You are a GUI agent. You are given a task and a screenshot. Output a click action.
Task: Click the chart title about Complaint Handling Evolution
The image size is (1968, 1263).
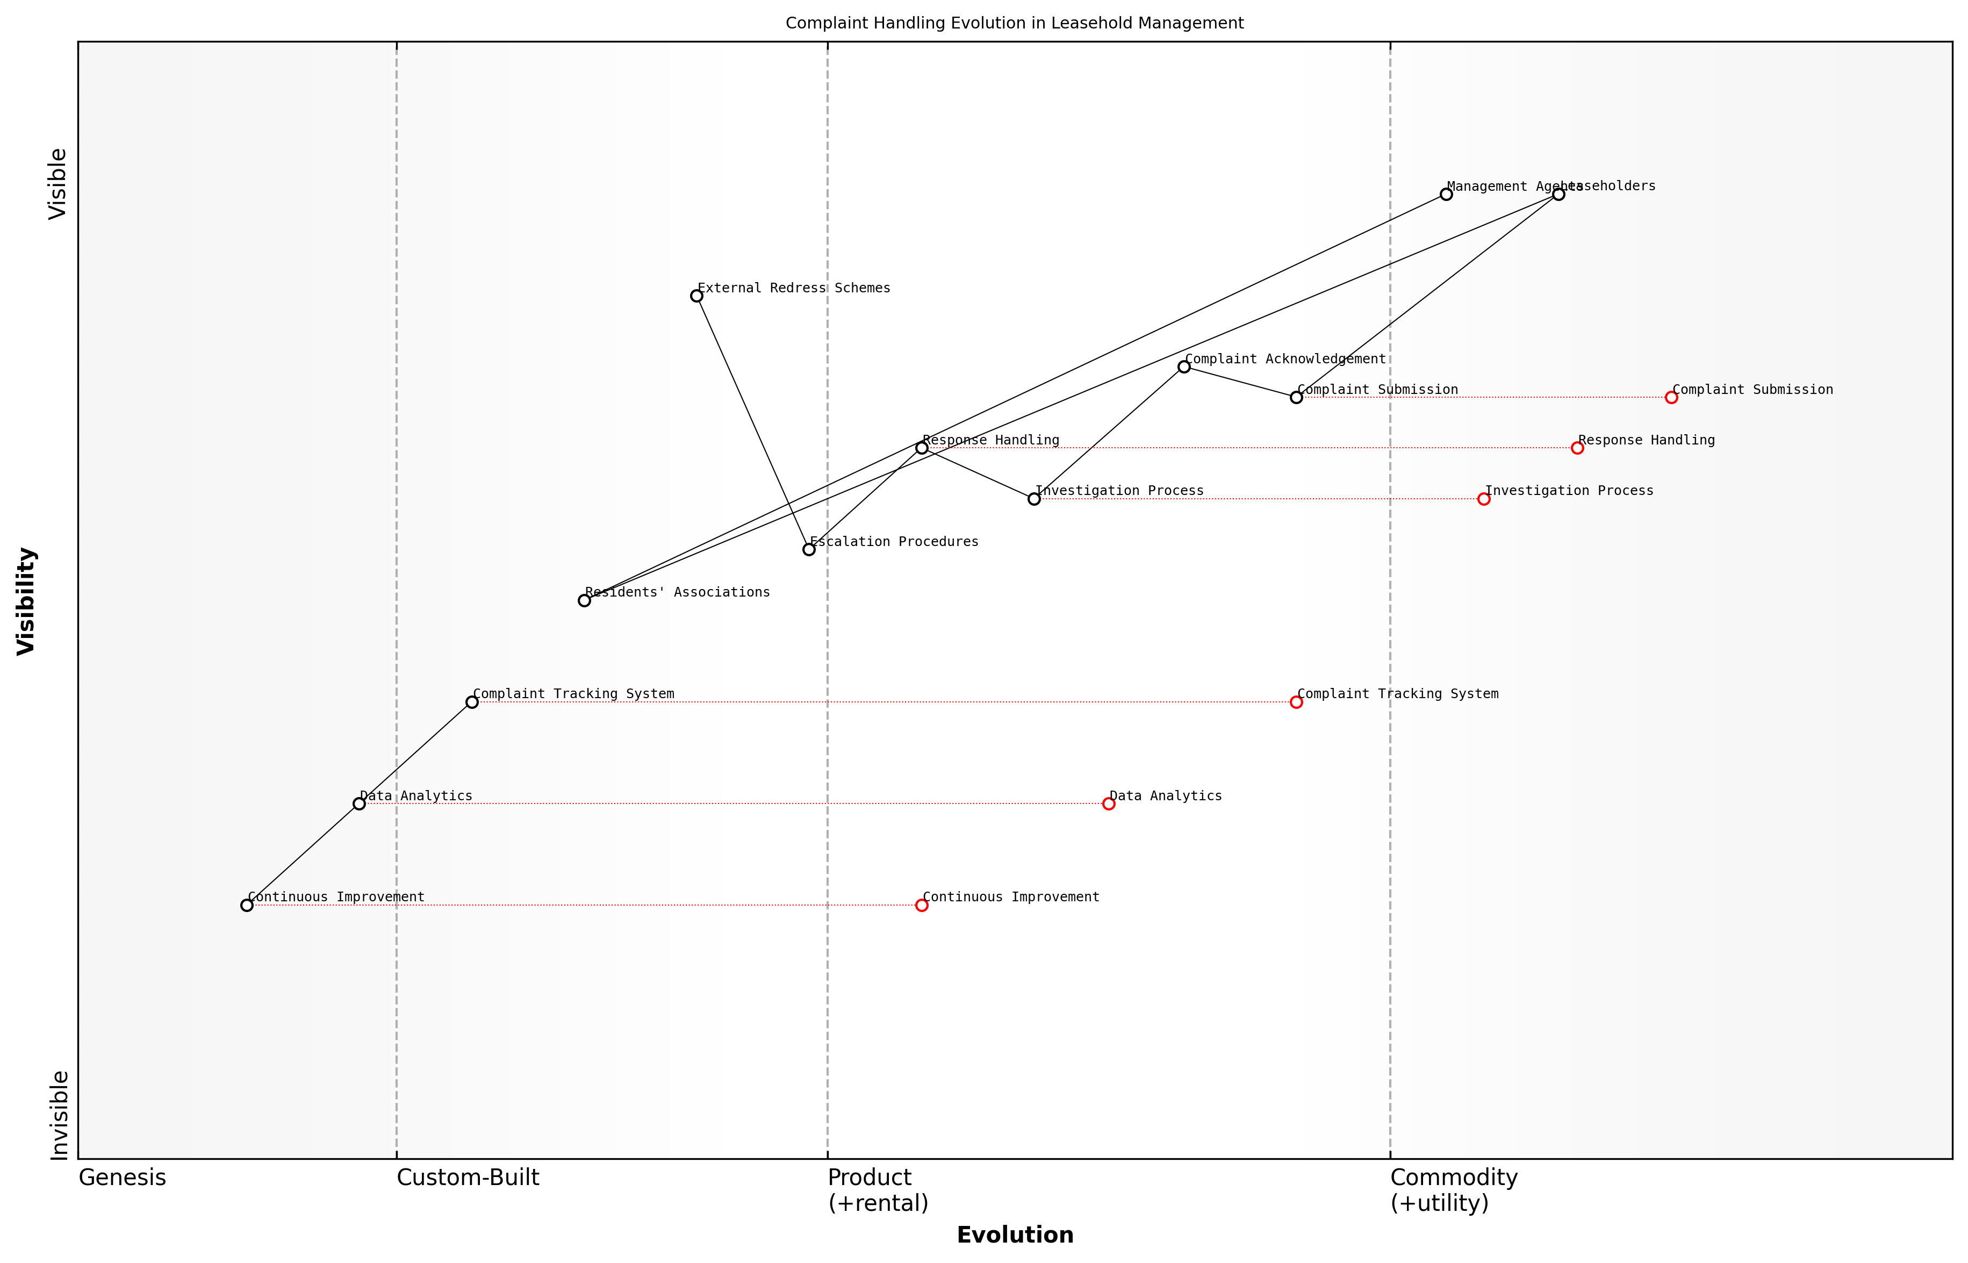[x=1014, y=23]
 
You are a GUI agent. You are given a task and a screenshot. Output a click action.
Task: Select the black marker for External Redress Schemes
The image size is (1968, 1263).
[x=696, y=296]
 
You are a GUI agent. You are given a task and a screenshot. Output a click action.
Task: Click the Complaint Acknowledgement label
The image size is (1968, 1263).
[x=1285, y=359]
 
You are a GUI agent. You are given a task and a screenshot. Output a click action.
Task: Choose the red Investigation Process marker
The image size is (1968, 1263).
[x=1483, y=499]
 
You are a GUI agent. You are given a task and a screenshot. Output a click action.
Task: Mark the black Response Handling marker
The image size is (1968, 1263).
[x=922, y=448]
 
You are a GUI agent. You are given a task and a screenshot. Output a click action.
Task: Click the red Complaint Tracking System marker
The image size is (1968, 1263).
[x=1296, y=702]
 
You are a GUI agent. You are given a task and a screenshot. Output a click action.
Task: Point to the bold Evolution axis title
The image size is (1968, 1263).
[x=1014, y=1235]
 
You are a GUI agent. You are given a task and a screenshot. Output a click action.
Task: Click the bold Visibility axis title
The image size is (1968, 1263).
[x=26, y=601]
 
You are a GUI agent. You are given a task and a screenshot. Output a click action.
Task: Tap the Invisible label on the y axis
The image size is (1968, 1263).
[x=58, y=1115]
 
